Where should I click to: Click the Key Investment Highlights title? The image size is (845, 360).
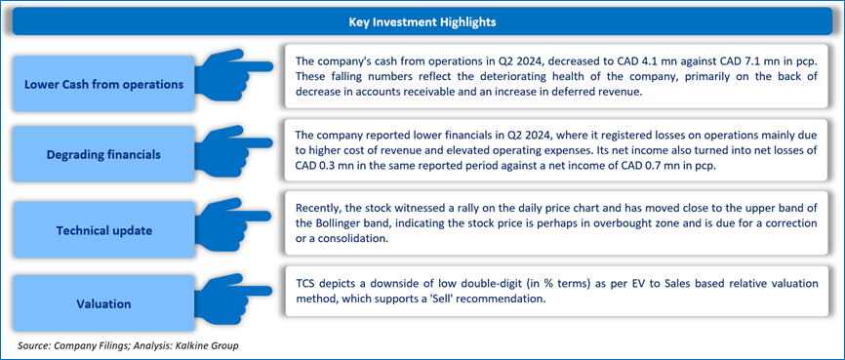pyautogui.click(x=422, y=22)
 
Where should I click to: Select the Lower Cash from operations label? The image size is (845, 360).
pyautogui.click(x=104, y=85)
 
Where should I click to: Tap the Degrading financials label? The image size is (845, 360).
pyautogui.click(x=103, y=155)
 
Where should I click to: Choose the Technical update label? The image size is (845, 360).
pyautogui.click(x=104, y=230)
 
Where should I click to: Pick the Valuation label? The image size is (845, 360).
pyautogui.click(x=104, y=304)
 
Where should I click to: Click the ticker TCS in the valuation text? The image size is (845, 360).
pyautogui.click(x=306, y=284)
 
